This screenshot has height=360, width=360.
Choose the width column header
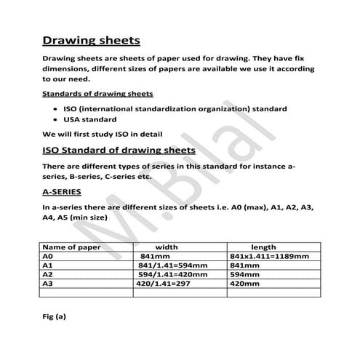[x=167, y=247]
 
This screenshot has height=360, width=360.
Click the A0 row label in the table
[x=48, y=256]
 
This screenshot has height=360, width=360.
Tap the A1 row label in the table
[x=48, y=265]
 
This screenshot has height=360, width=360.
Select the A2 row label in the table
[x=48, y=275]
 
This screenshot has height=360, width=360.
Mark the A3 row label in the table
[x=48, y=284]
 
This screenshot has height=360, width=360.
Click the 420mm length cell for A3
[x=245, y=284]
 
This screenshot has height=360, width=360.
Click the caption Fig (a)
[x=55, y=316]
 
